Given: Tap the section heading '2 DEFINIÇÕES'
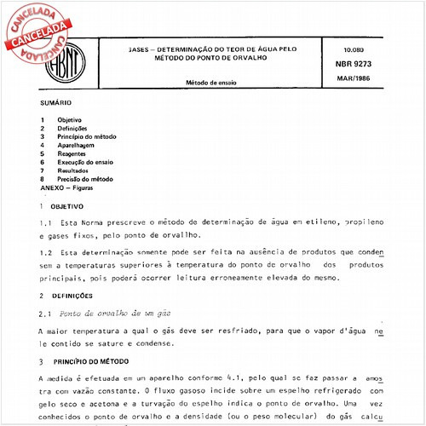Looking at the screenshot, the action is [65, 296].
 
